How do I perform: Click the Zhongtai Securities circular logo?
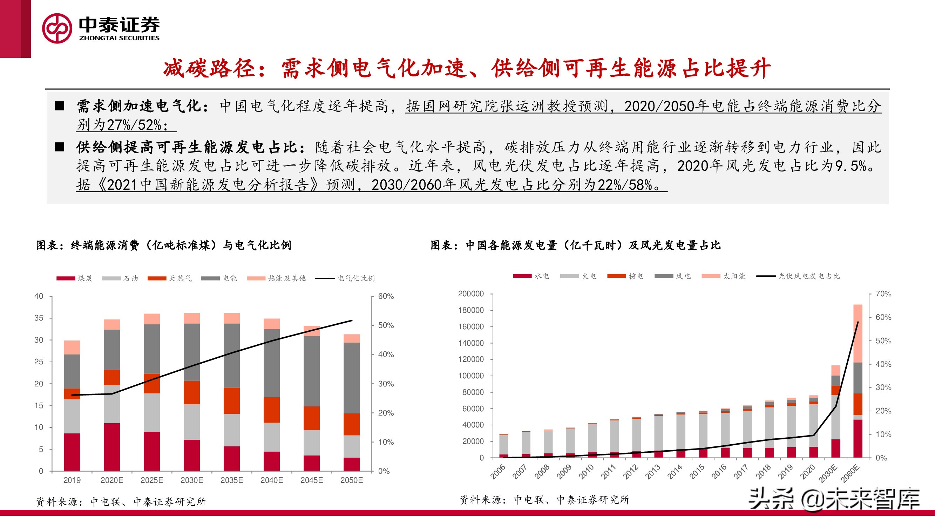click(57, 28)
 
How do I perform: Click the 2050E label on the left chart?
click(351, 480)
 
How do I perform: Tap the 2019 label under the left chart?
click(72, 480)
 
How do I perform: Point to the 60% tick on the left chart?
click(386, 296)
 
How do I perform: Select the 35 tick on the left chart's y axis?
click(39, 318)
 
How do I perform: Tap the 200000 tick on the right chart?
click(471, 294)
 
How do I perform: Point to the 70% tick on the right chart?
click(883, 294)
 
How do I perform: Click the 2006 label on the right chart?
click(498, 472)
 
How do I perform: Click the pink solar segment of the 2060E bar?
click(858, 333)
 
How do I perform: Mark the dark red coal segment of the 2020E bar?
click(112, 447)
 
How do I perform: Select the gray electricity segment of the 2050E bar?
click(351, 378)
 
